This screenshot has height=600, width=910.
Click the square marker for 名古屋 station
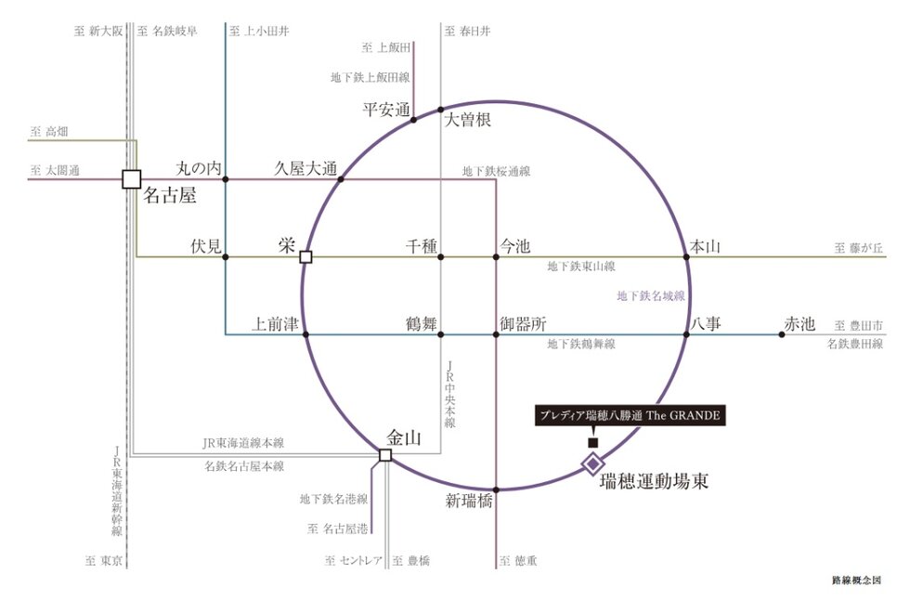click(132, 179)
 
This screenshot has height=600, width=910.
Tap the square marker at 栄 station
click(305, 257)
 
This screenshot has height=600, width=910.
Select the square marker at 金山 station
click(385, 455)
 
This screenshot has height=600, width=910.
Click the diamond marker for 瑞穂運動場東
click(593, 463)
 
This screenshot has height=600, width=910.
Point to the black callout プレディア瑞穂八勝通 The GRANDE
click(630, 415)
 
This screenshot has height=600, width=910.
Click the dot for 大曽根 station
click(440, 110)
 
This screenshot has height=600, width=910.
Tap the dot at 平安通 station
click(414, 120)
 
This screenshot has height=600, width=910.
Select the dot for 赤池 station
click(782, 334)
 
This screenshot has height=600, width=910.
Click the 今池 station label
click(515, 247)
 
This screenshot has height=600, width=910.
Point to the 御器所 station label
click(523, 324)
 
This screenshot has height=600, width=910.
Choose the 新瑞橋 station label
click(469, 501)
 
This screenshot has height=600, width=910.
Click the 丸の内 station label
click(199, 169)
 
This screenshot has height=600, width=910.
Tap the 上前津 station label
click(275, 324)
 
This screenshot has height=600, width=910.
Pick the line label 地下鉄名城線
click(651, 296)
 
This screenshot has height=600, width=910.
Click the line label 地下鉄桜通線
click(496, 171)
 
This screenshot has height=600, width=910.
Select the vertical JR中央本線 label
click(449, 395)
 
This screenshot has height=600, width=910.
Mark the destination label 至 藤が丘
click(859, 248)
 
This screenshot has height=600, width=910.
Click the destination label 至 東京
click(104, 561)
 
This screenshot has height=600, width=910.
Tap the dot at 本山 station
click(686, 257)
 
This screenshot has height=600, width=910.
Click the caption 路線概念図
click(856, 580)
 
